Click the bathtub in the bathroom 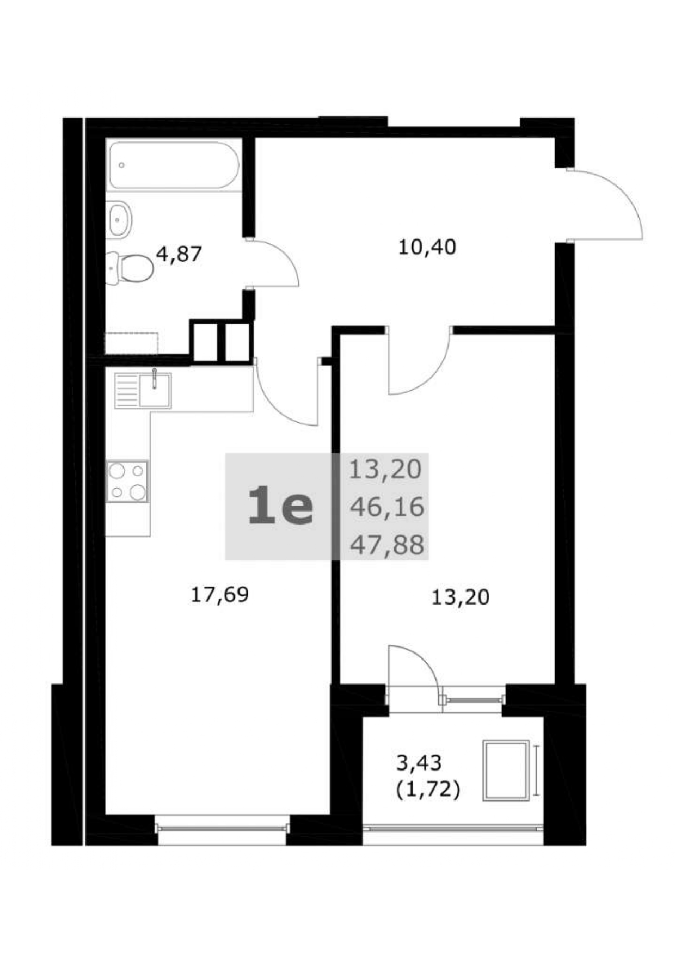(x=174, y=165)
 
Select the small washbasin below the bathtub (x=119, y=219)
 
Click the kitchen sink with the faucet (x=143, y=390)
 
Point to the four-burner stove (x=127, y=482)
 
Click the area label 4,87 (x=179, y=254)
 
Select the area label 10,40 (x=427, y=248)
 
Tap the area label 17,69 (x=219, y=594)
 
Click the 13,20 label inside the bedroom (x=461, y=597)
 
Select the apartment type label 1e (x=280, y=507)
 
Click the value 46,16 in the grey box (x=387, y=507)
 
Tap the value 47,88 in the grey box (x=387, y=545)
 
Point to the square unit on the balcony (x=506, y=770)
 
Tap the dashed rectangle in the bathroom (x=131, y=343)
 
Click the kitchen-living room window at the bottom (x=222, y=828)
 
